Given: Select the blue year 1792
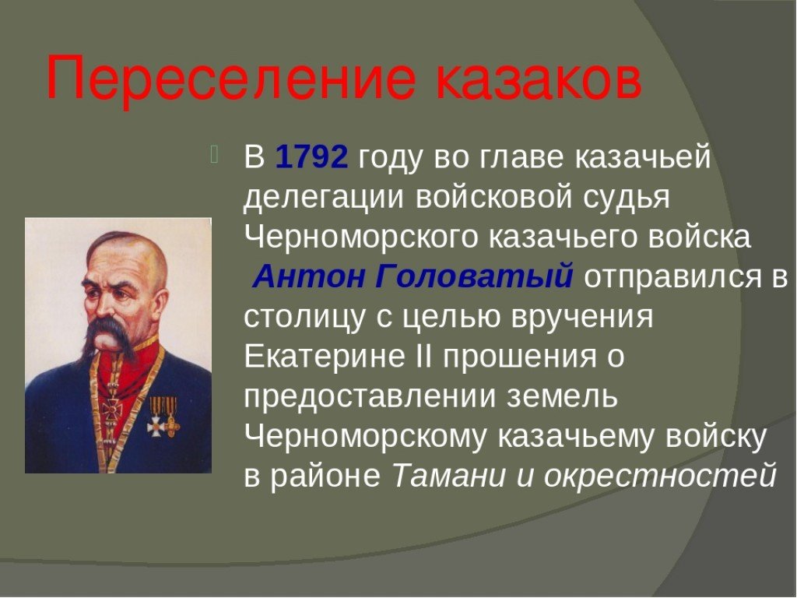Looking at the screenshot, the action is click(311, 157).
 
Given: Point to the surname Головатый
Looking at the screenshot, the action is click(475, 278).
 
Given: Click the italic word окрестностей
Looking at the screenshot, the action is click(660, 477).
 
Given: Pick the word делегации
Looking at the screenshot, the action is click(324, 199).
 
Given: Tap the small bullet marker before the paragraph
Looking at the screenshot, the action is click(213, 155).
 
